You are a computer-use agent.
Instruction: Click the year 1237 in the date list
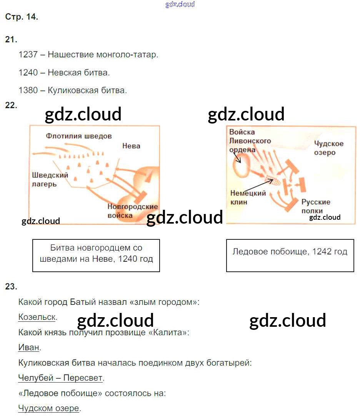coord(28,54)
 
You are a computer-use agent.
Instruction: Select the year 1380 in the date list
coord(28,90)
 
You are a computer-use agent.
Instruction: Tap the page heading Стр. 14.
coord(22,17)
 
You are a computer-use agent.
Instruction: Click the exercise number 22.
coord(11,105)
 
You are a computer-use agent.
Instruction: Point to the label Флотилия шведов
coord(78,136)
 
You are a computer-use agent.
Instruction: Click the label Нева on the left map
coord(131,146)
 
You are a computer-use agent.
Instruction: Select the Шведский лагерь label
coord(50,179)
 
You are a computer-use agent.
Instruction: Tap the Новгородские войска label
coord(132,211)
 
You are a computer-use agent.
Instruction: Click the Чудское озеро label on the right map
coord(329,148)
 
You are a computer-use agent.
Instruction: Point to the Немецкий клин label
coord(248,197)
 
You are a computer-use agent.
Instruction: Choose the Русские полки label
coord(316,206)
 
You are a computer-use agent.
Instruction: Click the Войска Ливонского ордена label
coord(250,141)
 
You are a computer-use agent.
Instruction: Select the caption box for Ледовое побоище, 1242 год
coord(290,256)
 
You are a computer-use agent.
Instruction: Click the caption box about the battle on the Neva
coord(96,256)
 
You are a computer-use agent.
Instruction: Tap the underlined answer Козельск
coord(37,317)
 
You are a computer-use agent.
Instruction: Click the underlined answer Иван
coord(28,347)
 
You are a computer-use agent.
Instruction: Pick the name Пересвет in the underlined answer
coord(83,378)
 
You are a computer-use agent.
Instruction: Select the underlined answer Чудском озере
coord(48,408)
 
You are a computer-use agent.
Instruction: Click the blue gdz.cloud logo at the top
coord(180,4)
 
